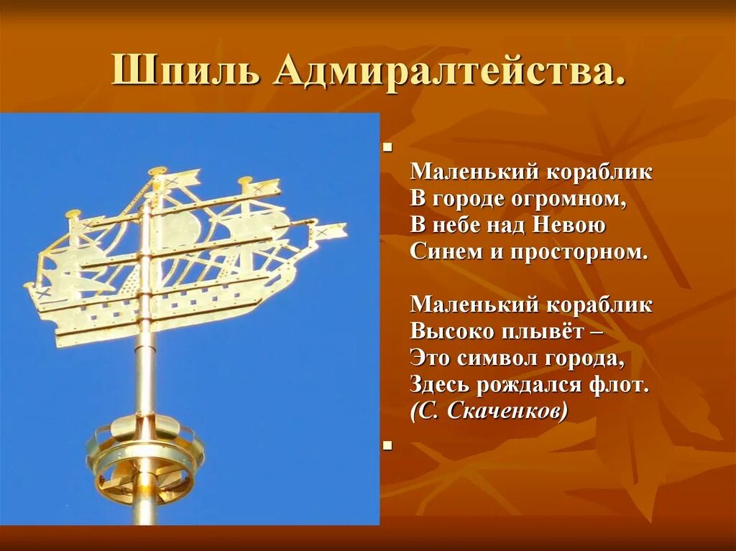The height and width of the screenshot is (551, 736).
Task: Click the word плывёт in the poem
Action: [546, 331]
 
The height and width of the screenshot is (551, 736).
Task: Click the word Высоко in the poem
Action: [451, 331]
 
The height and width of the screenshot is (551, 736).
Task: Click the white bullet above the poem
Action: [387, 148]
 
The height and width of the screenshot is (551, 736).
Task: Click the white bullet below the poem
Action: [387, 445]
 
